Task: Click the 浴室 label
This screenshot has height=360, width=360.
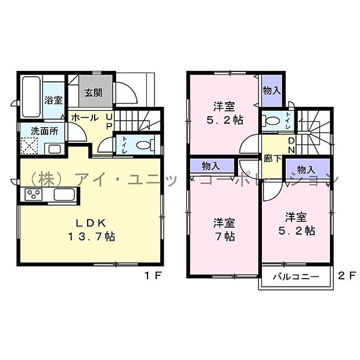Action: (54, 100)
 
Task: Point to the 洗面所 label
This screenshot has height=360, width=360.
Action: (43, 131)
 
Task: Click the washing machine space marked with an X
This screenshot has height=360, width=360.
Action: (30, 146)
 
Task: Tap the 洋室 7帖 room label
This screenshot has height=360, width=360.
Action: (223, 229)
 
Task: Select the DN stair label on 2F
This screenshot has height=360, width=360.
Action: (293, 145)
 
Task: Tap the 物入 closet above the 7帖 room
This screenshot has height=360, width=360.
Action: (211, 166)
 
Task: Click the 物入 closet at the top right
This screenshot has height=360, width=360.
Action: (271, 91)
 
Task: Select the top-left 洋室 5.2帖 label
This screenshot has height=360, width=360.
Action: (224, 113)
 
